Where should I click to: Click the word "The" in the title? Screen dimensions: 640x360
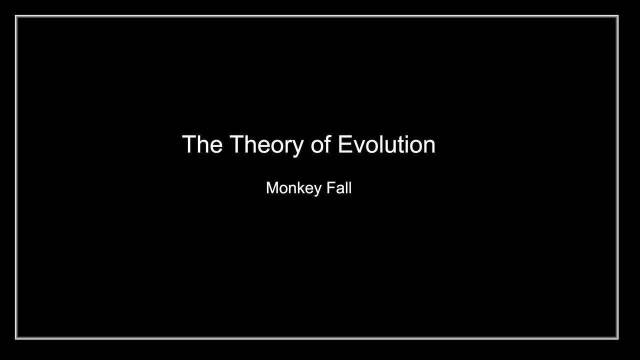[x=202, y=144]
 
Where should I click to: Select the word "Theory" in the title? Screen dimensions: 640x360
[x=266, y=146]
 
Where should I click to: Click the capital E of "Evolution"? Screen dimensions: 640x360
[x=345, y=144]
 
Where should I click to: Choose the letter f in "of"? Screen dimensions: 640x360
[x=327, y=143]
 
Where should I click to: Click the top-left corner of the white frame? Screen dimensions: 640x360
[x=16, y=16]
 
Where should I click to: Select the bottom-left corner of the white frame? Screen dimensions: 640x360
[x=16, y=338]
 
